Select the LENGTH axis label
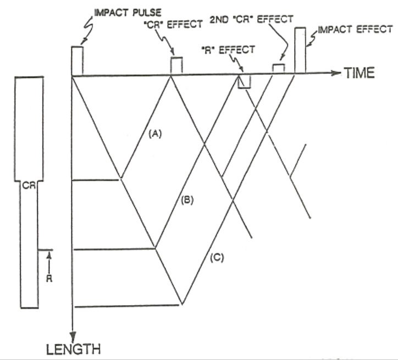pyautogui.click(x=73, y=348)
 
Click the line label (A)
pyautogui.click(x=155, y=132)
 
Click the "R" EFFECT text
pyautogui.click(x=228, y=50)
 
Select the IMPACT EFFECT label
pyautogui.click(x=352, y=29)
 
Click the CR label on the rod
pyautogui.click(x=29, y=186)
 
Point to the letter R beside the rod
pyautogui.click(x=49, y=278)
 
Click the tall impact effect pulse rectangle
pyautogui.click(x=300, y=49)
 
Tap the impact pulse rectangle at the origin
pyautogui.click(x=77, y=60)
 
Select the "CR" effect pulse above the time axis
pyautogui.click(x=176, y=65)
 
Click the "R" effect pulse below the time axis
pyautogui.click(x=244, y=81)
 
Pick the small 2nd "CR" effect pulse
pyautogui.click(x=279, y=68)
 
